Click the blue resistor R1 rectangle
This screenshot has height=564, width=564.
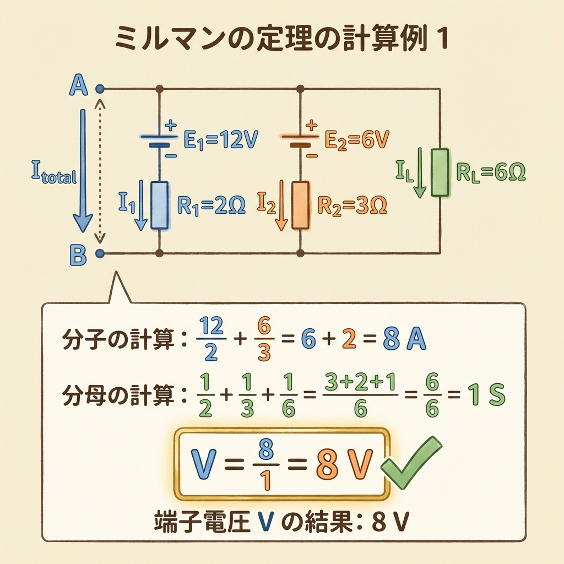pyautogui.click(x=159, y=205)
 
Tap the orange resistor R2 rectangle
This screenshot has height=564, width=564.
pyautogui.click(x=300, y=205)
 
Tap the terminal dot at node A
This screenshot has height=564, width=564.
pyautogui.click(x=100, y=88)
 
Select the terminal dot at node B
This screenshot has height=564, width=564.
pyautogui.click(x=100, y=254)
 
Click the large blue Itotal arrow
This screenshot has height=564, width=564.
pyautogui.click(x=83, y=171)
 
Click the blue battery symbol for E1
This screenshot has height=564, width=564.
pyautogui.click(x=159, y=140)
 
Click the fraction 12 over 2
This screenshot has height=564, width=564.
pyautogui.click(x=210, y=340)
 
